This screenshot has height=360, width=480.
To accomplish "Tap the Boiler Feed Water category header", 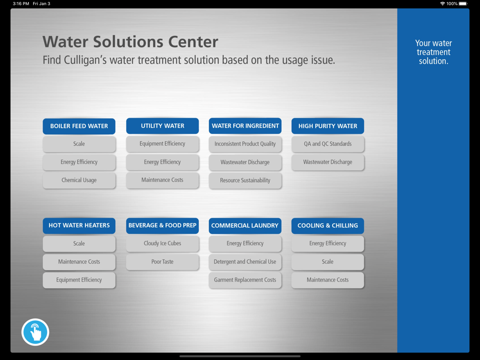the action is click(79, 126).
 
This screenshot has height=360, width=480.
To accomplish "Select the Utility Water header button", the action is click(162, 126).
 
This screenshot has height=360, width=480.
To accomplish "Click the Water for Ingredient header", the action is click(245, 126).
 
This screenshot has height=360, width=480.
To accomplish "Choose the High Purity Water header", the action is click(327, 126).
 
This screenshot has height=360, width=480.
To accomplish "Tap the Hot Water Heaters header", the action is click(79, 226).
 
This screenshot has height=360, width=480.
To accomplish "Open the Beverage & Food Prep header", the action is click(162, 226).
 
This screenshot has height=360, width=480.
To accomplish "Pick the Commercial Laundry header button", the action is click(245, 226).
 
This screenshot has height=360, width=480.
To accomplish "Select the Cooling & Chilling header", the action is click(327, 226).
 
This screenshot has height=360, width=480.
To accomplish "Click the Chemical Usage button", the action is click(79, 180).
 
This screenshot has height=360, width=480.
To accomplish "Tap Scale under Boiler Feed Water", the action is click(79, 144).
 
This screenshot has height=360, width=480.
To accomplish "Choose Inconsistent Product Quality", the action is click(245, 144).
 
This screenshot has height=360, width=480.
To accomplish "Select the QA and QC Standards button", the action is click(327, 144).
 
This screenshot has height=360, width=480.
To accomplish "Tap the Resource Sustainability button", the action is click(245, 180).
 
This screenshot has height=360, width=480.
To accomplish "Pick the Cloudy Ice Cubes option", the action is click(162, 243).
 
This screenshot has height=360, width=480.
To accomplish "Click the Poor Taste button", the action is click(162, 262).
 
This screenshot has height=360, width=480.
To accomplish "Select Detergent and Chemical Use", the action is click(245, 262).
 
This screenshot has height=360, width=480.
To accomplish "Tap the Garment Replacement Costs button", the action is click(245, 280).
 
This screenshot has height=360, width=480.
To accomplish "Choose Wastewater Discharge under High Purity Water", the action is click(327, 162).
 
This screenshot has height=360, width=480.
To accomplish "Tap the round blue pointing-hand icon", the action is click(35, 332).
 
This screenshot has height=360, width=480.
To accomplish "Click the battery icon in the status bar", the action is click(463, 4).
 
